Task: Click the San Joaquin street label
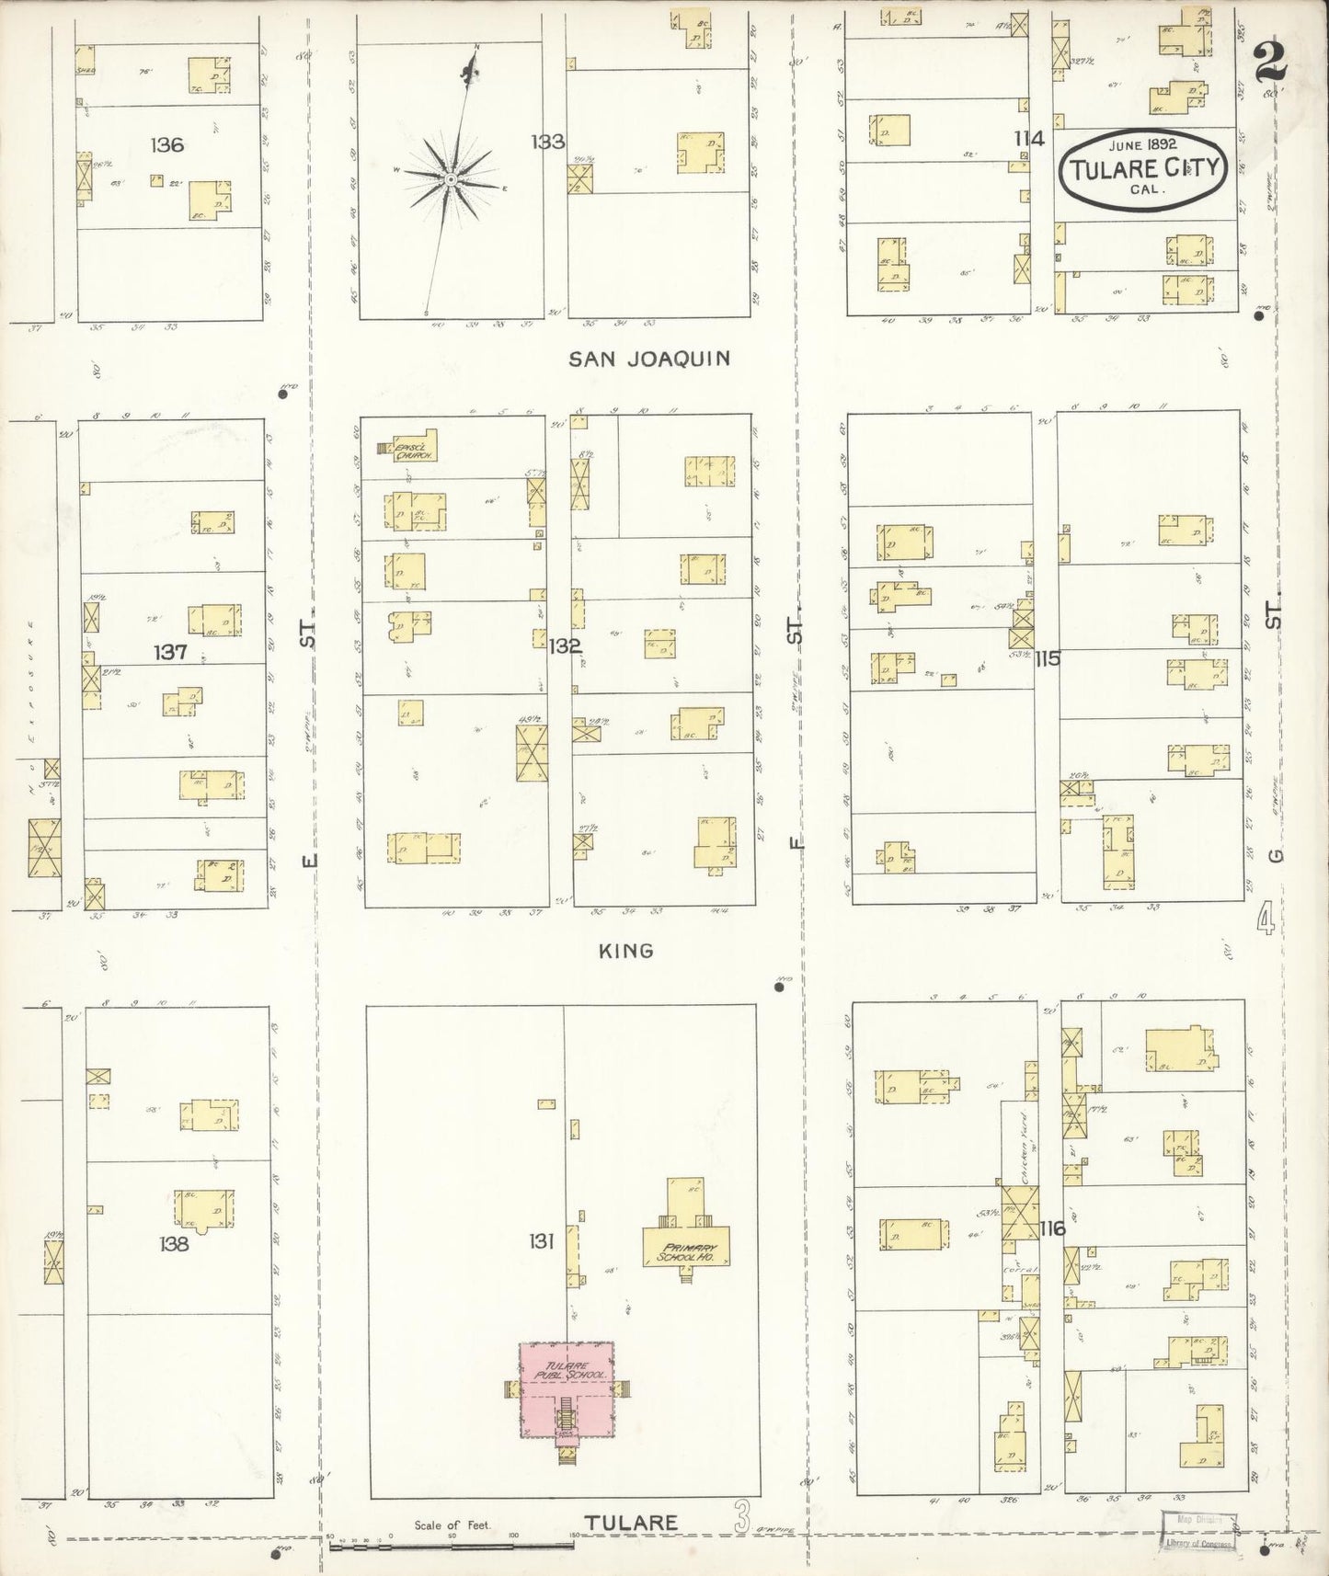pyautogui.click(x=649, y=358)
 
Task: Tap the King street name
pyautogui.click(x=626, y=951)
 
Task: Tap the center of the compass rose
pyautogui.click(x=452, y=179)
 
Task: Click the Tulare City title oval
pyautogui.click(x=1143, y=166)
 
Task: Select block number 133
pyautogui.click(x=546, y=142)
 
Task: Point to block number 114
pyautogui.click(x=1029, y=139)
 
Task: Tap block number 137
pyautogui.click(x=171, y=652)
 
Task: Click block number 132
pyautogui.click(x=565, y=646)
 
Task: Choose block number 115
pyautogui.click(x=1047, y=658)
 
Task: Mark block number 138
pyautogui.click(x=173, y=1244)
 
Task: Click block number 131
pyautogui.click(x=541, y=1242)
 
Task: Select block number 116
pyautogui.click(x=1053, y=1228)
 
